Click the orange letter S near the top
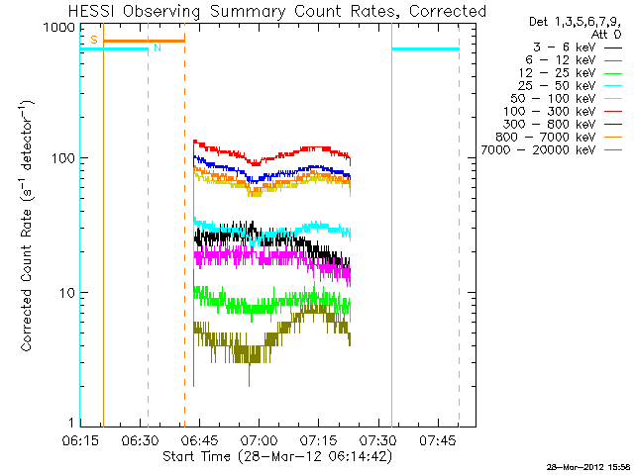click(93, 40)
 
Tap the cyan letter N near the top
click(157, 47)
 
